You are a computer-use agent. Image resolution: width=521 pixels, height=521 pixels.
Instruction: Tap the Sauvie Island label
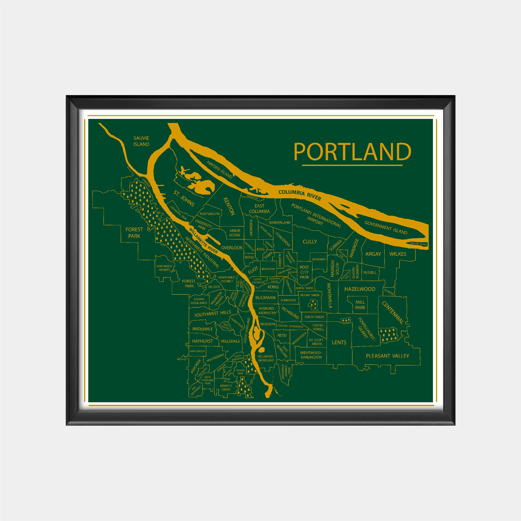141,141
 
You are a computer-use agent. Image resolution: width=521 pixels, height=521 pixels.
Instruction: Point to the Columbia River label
300,195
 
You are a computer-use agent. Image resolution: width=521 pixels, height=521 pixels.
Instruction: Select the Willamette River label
203,241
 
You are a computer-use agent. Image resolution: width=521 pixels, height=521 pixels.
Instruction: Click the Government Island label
386,227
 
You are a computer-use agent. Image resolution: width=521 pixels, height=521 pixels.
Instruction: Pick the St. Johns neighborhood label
184,198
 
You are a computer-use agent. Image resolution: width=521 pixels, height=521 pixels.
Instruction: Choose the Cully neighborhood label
310,242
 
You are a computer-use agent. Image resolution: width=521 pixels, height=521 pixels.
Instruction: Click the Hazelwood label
360,289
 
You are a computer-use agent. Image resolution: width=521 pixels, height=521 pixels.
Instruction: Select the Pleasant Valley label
388,356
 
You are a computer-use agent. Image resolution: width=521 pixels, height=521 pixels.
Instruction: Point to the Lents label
339,343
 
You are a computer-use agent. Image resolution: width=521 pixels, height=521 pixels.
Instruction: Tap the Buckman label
265,298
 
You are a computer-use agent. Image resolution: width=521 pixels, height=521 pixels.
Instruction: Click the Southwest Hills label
213,314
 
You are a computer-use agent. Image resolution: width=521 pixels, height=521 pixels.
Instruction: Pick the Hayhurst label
202,341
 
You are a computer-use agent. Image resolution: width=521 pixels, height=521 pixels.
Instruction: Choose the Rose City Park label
304,272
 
